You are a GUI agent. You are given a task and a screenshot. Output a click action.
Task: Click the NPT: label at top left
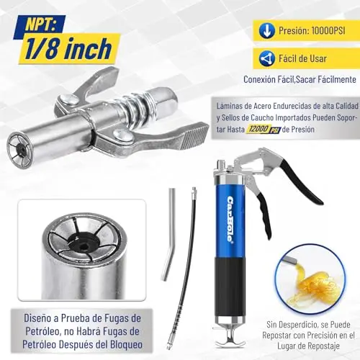(40, 24)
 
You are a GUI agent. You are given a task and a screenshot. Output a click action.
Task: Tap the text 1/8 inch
(68, 49)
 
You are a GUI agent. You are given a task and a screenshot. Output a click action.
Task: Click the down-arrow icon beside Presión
(266, 31)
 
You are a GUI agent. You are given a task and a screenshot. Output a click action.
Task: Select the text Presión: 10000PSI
(312, 31)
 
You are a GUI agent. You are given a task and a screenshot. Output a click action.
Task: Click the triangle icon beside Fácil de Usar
(266, 58)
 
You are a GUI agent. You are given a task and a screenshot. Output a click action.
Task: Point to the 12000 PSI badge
(264, 130)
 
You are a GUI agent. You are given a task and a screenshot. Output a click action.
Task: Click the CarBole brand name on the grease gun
(230, 219)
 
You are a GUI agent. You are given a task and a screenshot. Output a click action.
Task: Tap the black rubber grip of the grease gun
(230, 287)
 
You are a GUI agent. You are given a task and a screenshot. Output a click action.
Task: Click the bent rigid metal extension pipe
(169, 234)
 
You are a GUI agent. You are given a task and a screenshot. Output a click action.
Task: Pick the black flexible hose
(184, 266)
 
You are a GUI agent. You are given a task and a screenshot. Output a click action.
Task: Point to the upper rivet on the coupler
(66, 99)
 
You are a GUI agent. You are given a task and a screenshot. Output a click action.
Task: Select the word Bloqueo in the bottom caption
(126, 345)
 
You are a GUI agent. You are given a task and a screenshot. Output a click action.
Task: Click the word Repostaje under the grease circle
(325, 346)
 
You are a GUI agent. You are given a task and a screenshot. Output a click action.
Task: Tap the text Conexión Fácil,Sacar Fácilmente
(300, 79)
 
